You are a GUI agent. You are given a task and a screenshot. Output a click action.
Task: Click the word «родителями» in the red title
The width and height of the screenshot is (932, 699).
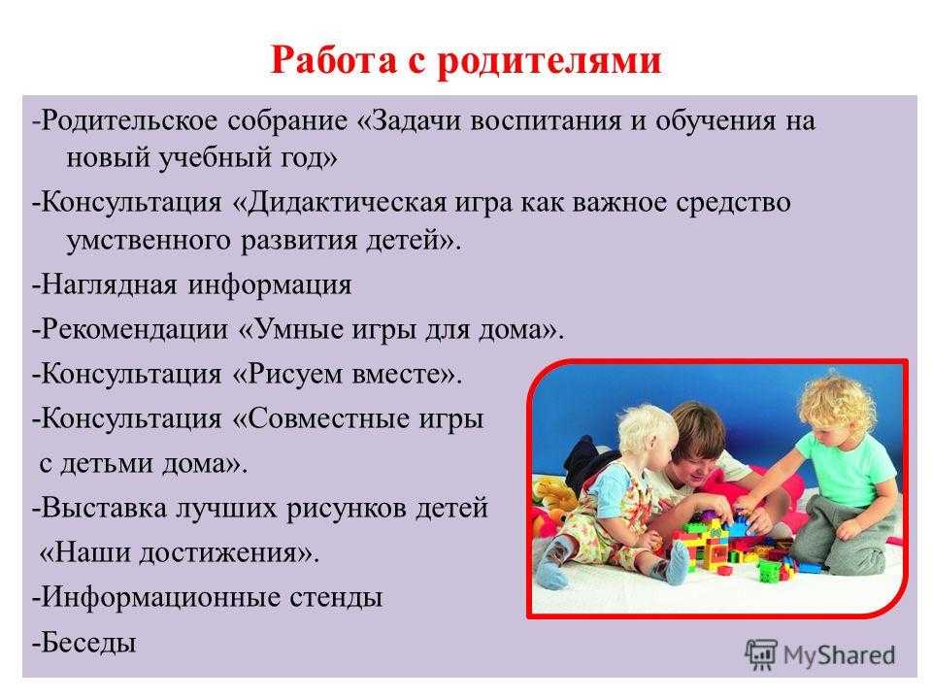(x=549, y=60)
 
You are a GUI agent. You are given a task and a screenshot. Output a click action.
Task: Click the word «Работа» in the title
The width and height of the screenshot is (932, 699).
(x=333, y=59)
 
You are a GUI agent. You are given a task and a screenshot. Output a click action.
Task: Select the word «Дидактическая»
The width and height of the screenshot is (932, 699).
(x=346, y=203)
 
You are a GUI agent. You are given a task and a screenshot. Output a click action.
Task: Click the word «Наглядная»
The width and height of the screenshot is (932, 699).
(x=109, y=284)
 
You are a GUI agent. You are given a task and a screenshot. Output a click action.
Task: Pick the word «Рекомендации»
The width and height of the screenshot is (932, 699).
(x=134, y=329)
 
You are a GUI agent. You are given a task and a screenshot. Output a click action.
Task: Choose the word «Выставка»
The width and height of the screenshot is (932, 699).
(x=104, y=508)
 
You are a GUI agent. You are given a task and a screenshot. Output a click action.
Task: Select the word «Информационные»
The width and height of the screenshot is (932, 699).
(x=160, y=597)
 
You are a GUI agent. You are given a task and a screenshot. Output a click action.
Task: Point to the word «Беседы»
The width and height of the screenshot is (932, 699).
(x=88, y=643)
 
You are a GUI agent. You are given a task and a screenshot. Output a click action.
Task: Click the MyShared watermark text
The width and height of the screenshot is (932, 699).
(x=839, y=655)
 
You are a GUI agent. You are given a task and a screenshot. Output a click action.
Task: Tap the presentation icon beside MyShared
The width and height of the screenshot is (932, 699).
(x=761, y=655)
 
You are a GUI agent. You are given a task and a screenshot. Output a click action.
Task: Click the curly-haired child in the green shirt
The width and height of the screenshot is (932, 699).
(x=844, y=470)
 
